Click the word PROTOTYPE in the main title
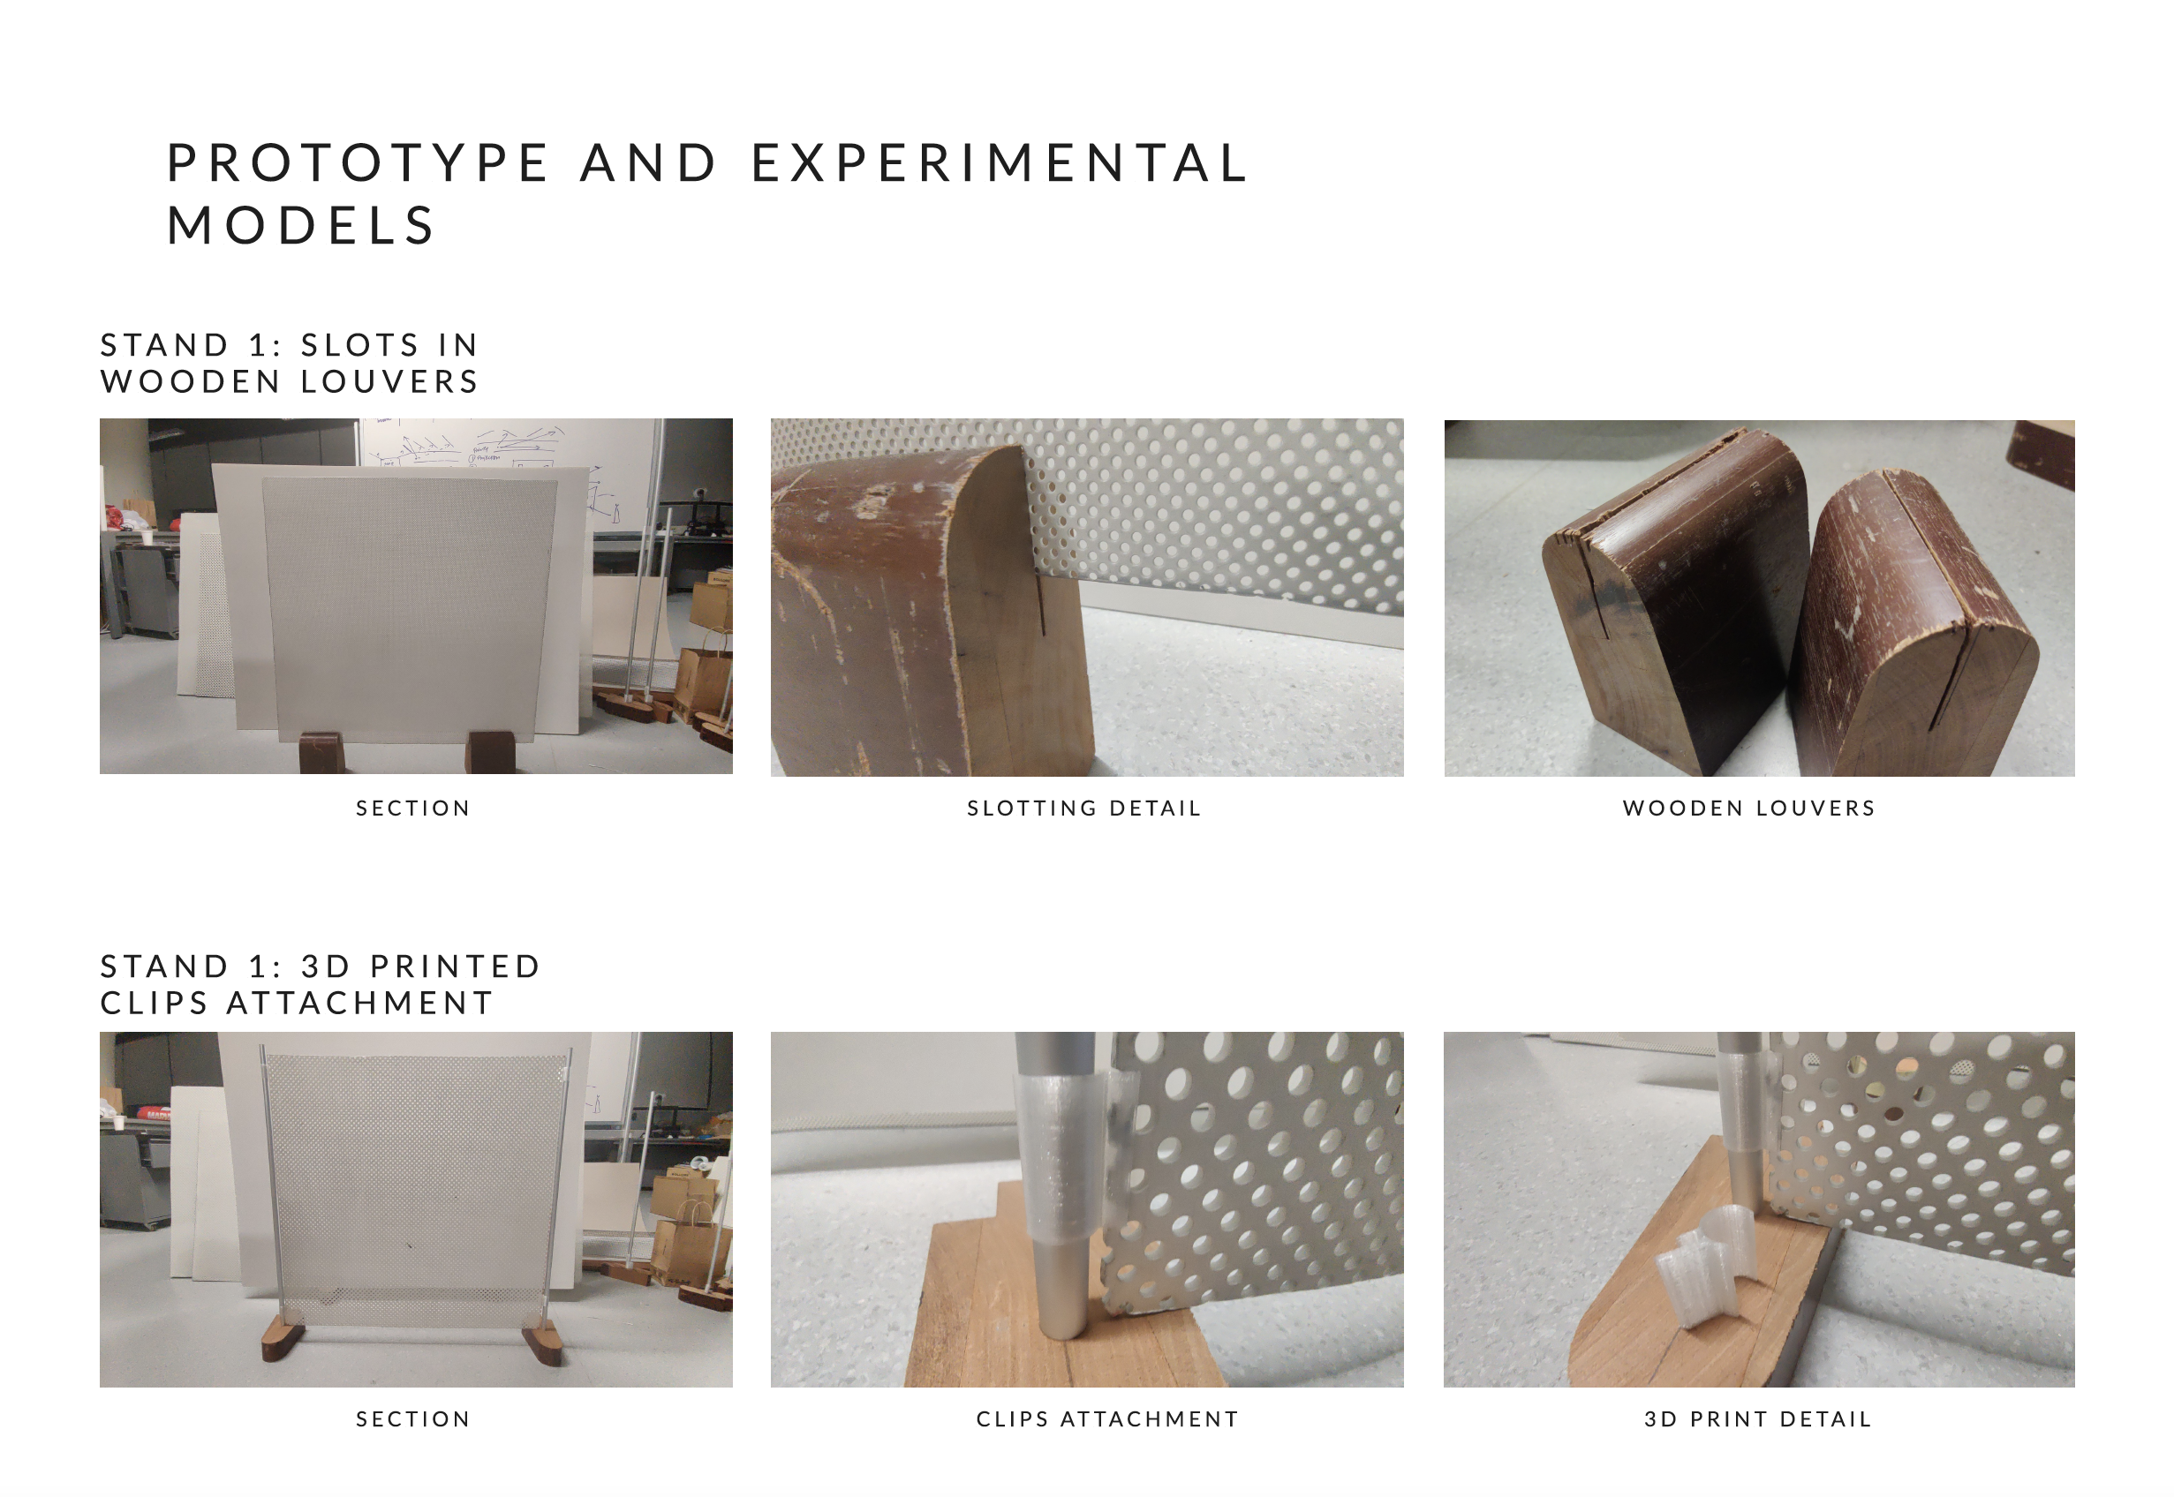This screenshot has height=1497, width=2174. (358, 162)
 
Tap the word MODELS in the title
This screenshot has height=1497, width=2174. (301, 226)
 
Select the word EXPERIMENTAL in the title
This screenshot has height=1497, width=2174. (1000, 162)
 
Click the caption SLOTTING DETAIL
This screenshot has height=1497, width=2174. (1084, 809)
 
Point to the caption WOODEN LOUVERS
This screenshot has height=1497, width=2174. (1749, 809)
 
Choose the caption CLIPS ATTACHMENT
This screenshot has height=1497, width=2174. (1107, 1419)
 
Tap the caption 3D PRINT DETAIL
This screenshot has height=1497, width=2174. (1757, 1419)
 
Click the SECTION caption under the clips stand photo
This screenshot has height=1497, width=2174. (413, 1419)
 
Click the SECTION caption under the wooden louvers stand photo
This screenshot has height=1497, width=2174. (413, 809)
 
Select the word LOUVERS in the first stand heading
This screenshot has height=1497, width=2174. (389, 382)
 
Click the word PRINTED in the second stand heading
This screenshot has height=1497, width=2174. (455, 967)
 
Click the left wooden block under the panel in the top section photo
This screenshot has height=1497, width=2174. (321, 752)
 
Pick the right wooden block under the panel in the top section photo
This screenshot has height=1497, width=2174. (491, 752)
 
